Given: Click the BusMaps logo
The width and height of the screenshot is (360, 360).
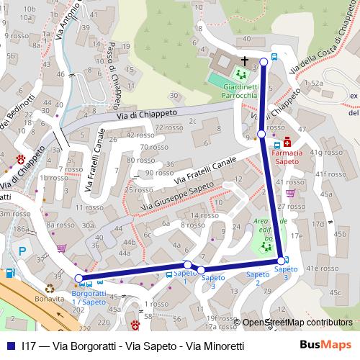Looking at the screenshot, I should [x=325, y=345].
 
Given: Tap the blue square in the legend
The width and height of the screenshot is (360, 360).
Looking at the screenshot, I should [x=10, y=346].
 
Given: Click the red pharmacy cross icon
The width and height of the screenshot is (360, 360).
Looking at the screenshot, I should [x=288, y=142].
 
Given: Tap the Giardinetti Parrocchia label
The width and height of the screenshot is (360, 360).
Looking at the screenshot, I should [x=230, y=91].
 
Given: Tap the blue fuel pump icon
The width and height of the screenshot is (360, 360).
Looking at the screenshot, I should [x=9, y=273].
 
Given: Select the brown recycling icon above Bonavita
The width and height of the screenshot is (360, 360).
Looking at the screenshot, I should [x=50, y=276].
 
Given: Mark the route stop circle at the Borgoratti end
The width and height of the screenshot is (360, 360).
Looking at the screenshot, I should [x=78, y=279].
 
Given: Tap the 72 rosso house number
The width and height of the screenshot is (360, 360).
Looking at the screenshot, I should [x=168, y=127].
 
